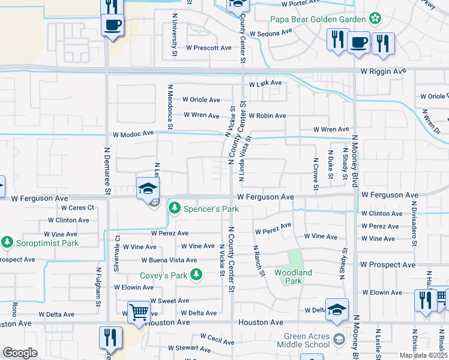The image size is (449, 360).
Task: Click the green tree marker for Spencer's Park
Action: [174, 209]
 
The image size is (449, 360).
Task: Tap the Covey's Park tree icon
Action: [196, 275]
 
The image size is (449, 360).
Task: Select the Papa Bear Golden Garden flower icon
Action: [375, 19]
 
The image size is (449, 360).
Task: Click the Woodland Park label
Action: [294, 277]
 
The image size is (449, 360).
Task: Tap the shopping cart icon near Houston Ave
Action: [139, 313]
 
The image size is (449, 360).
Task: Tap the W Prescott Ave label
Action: [208, 47]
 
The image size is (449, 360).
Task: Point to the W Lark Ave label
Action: [265, 83]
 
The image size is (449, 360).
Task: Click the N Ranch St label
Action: [259, 260]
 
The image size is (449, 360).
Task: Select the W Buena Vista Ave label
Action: [169, 260]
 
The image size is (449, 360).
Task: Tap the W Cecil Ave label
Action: [217, 340]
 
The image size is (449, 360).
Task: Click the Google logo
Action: [20, 353]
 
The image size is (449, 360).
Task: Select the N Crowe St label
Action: [315, 174]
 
